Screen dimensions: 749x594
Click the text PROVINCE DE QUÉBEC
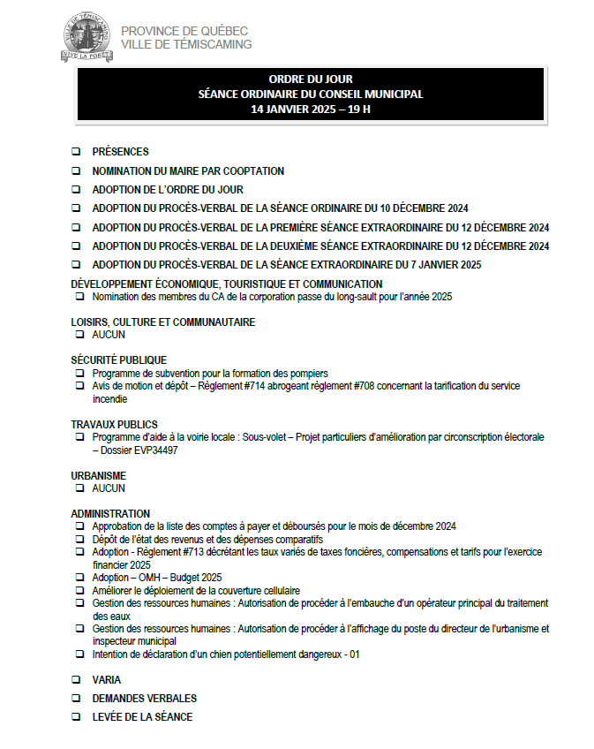coord(184,31)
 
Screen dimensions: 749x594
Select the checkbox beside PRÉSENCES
coord(76,152)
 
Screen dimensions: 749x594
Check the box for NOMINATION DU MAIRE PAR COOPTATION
coord(76,171)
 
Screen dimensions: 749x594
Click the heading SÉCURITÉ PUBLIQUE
coord(118,360)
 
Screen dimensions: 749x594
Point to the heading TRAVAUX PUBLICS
coord(114,425)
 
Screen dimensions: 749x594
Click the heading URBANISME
coord(98,476)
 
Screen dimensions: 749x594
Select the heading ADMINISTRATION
coord(110,514)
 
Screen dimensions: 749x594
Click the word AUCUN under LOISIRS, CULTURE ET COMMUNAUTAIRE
coord(109,335)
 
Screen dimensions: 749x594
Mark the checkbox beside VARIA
coord(76,680)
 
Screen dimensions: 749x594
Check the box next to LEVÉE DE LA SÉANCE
coord(76,717)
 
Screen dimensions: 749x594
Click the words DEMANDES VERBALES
coord(144,699)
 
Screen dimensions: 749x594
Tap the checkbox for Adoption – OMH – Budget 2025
coord(80,578)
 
